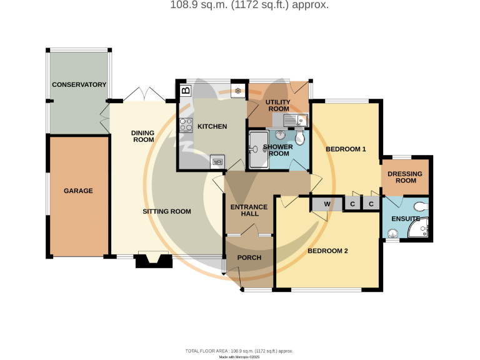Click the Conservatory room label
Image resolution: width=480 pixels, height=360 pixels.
pos(79,84)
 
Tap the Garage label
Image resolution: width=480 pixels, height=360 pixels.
pos(78,191)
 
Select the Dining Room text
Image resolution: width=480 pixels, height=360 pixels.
pos(143,136)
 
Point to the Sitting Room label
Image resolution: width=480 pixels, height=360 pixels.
pos(167,211)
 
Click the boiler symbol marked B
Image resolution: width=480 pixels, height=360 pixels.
pos(186,90)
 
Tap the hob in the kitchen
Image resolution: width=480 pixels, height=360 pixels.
pos(186,125)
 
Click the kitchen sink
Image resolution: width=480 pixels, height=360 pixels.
pos(217,161)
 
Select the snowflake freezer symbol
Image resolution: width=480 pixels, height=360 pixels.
pos(237,91)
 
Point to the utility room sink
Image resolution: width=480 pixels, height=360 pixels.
pos(296,120)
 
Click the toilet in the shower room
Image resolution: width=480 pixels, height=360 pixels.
pos(300,137)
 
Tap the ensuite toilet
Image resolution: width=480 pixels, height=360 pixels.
pos(421,207)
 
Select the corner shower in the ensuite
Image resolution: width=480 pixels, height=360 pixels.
pos(419,227)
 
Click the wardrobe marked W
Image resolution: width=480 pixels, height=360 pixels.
pos(327,204)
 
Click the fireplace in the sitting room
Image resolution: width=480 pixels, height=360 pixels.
pos(154,259)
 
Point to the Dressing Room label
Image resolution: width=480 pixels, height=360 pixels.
pos(405,177)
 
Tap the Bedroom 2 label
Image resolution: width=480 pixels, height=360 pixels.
pos(327,251)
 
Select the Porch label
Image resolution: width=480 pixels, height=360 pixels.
pos(249,257)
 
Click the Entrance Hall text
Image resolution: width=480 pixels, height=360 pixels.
pos(249,210)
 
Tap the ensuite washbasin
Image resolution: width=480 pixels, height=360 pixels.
pos(392,234)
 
